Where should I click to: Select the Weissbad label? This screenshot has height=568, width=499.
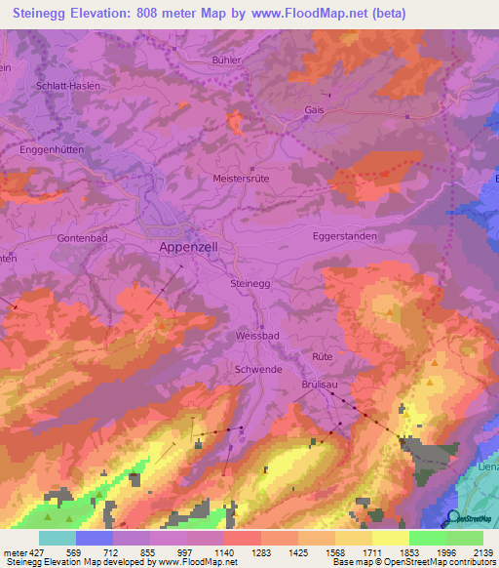[x=257, y=335]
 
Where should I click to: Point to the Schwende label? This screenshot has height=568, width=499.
[x=258, y=371]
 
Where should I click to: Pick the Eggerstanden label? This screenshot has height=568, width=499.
[x=344, y=236]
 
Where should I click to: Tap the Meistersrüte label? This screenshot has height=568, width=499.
[x=241, y=179]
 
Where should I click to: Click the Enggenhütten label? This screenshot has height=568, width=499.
[x=50, y=153]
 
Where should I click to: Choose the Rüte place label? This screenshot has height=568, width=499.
[x=323, y=357]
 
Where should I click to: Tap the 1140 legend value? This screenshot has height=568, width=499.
[x=223, y=551]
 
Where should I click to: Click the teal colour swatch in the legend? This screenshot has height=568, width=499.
[x=58, y=538]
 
